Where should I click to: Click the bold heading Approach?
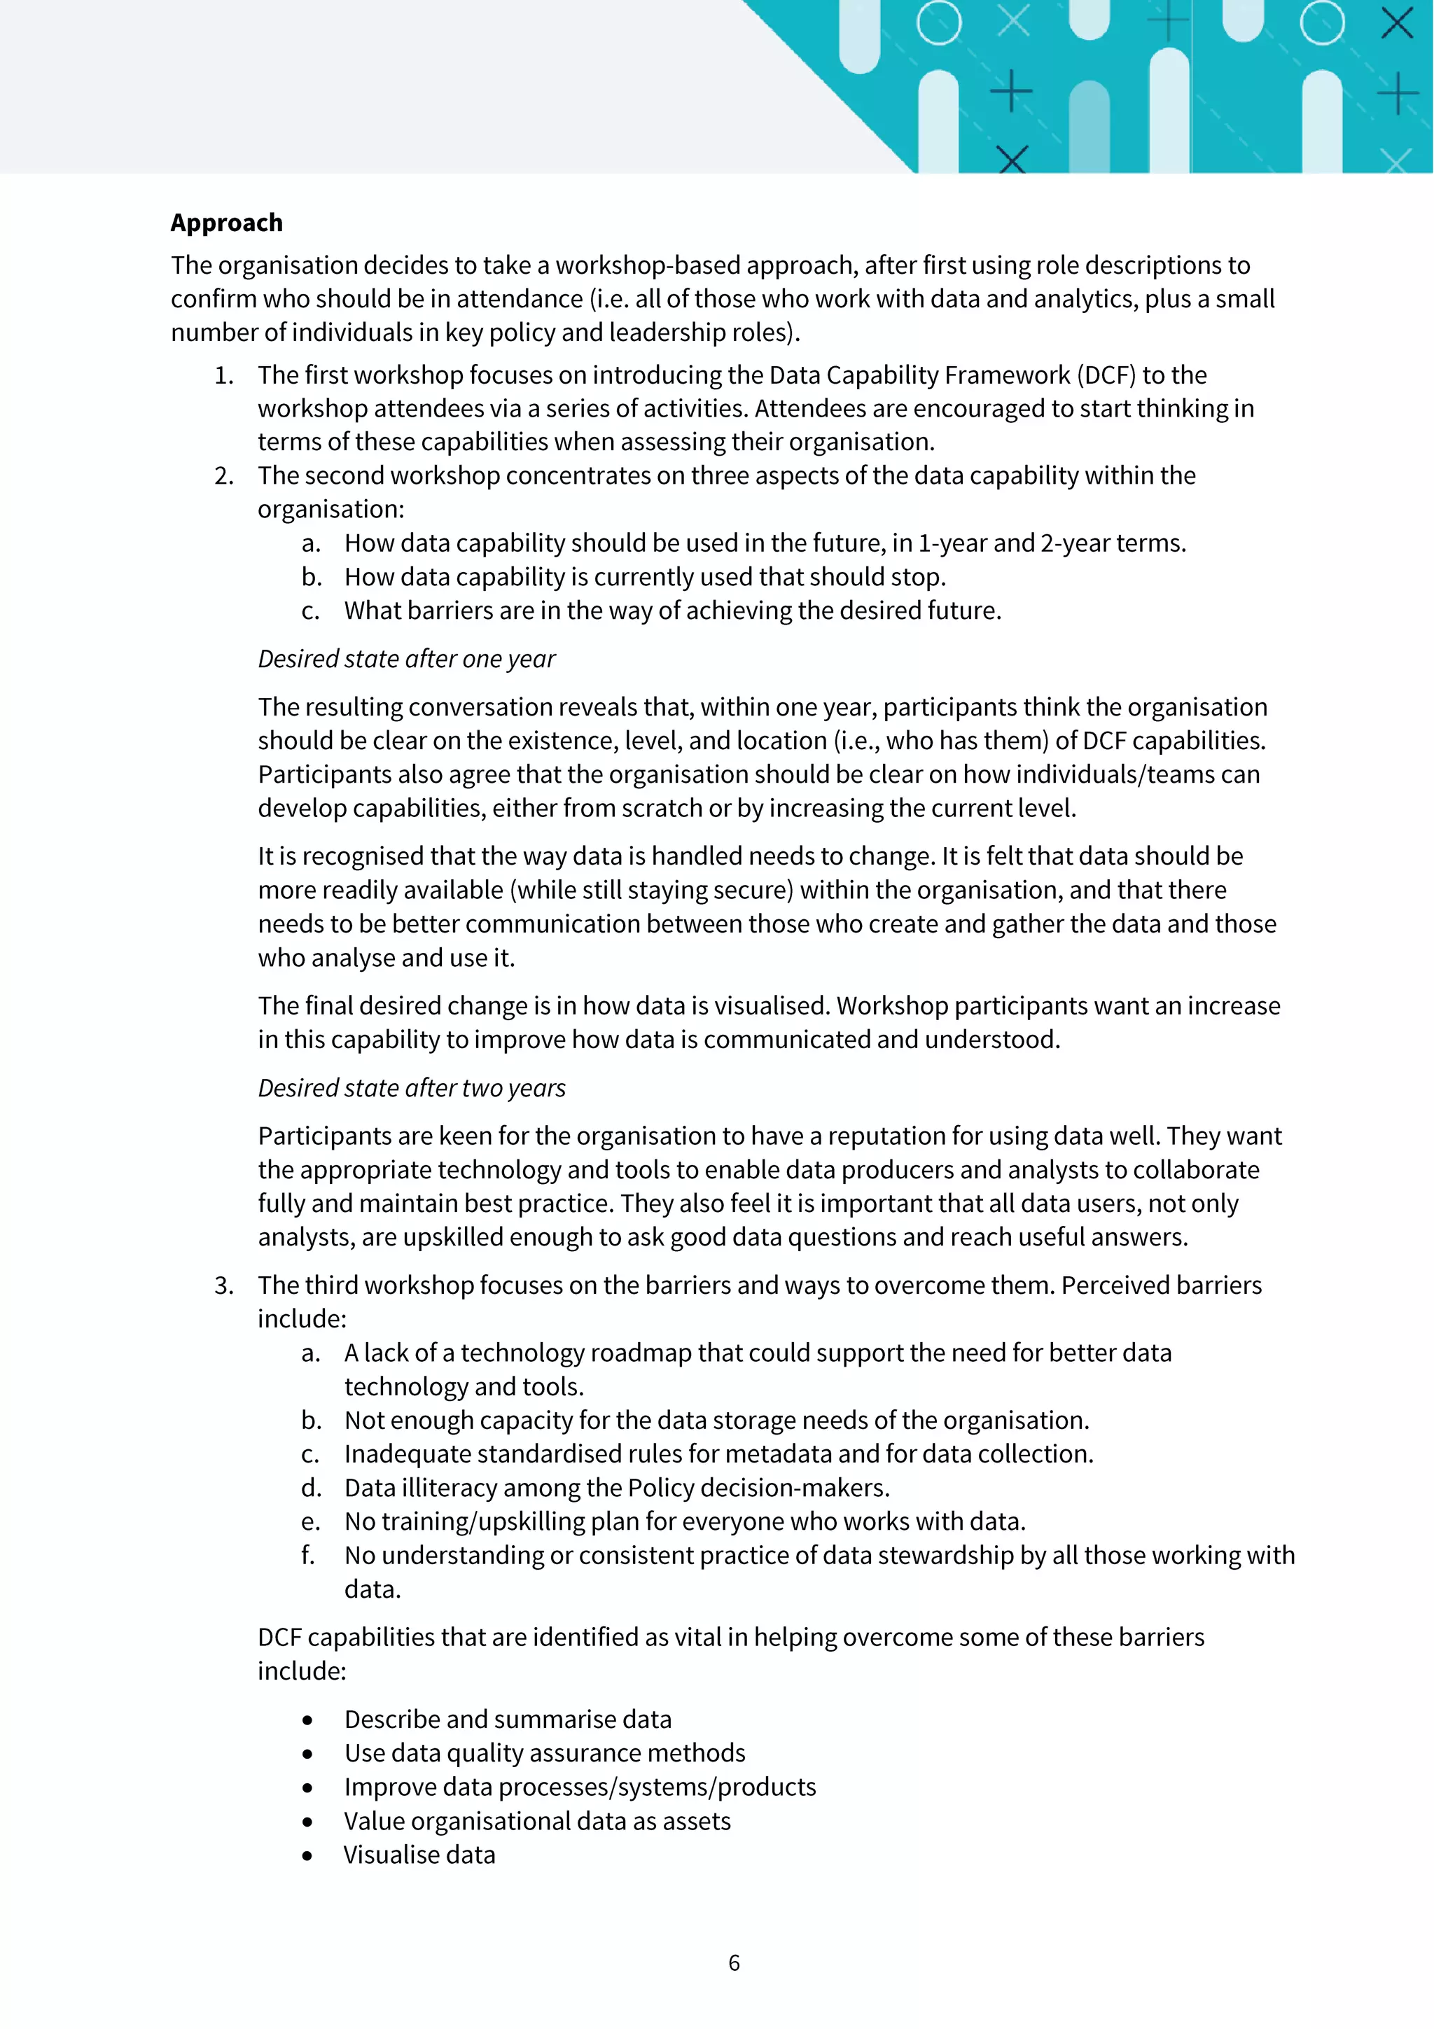click(226, 223)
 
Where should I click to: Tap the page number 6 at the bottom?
click(733, 1962)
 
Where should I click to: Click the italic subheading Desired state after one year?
click(406, 660)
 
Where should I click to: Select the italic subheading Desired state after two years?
click(412, 1088)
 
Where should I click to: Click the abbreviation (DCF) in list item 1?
click(1106, 375)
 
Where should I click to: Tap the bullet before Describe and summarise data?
click(307, 1720)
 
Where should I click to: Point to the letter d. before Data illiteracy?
click(311, 1488)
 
